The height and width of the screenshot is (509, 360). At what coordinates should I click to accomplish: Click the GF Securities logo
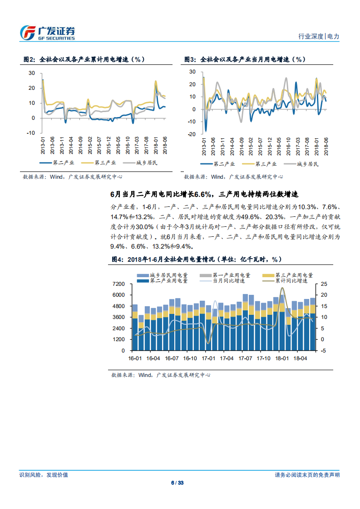[47, 32]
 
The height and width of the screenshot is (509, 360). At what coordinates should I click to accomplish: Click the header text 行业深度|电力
[319, 36]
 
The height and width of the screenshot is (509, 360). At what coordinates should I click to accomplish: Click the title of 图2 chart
[84, 59]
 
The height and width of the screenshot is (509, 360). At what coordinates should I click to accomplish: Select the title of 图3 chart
[245, 59]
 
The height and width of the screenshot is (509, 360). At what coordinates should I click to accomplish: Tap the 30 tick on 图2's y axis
[31, 73]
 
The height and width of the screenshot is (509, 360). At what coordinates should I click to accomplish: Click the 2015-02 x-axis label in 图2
[89, 145]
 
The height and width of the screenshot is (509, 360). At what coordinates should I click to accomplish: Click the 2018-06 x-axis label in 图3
[325, 146]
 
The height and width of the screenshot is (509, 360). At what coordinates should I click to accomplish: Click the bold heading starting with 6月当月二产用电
[204, 194]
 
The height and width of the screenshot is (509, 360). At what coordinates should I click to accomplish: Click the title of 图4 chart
[197, 259]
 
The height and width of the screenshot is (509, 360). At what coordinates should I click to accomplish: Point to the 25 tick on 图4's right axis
[323, 284]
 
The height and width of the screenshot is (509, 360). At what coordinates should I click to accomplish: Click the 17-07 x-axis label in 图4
[246, 358]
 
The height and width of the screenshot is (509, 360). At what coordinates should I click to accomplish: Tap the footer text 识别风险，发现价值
[44, 475]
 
